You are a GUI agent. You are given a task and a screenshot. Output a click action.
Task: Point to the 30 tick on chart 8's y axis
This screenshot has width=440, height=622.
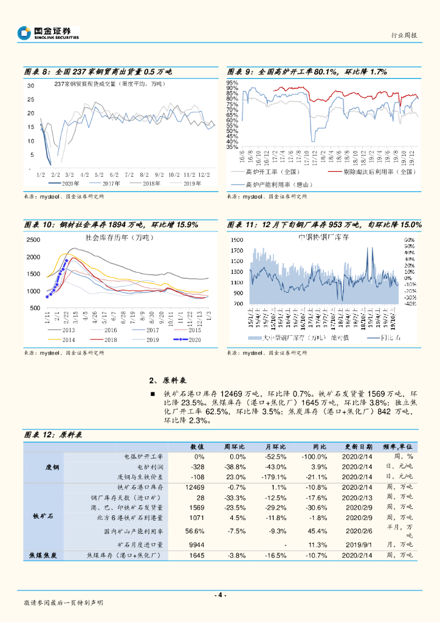(30, 86)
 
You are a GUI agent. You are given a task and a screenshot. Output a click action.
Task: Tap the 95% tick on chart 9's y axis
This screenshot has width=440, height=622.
(232, 83)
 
